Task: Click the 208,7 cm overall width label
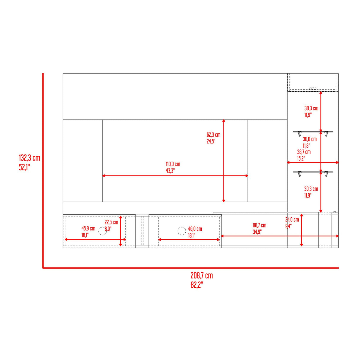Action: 202,275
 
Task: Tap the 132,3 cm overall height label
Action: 29,158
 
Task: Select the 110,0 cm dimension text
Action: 173,164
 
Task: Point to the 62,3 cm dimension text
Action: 214,135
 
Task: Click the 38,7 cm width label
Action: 304,152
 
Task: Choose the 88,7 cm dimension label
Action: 259,225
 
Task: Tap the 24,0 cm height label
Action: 292,220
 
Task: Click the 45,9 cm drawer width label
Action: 88,229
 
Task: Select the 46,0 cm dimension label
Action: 195,229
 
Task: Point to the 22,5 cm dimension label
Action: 111,222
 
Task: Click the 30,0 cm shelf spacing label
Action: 310,139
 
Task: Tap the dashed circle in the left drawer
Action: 103,231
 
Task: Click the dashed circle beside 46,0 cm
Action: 182,231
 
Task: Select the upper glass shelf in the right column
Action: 313,132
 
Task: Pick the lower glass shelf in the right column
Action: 313,172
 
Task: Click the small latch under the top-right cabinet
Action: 313,88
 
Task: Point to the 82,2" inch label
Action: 197,285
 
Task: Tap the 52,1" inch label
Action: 25,167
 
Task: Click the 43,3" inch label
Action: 170,171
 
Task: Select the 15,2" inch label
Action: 301,159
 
